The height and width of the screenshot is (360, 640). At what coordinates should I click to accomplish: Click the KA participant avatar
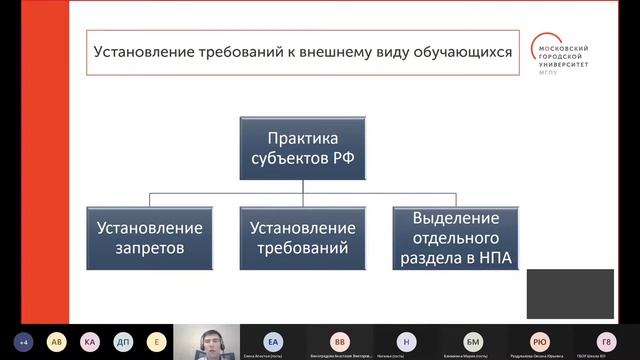90,340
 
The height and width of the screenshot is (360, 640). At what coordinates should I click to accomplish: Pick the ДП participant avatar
122,340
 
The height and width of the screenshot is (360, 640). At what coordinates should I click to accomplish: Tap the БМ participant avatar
473,339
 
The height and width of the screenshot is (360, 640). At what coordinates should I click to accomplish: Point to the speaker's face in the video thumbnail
212,341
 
